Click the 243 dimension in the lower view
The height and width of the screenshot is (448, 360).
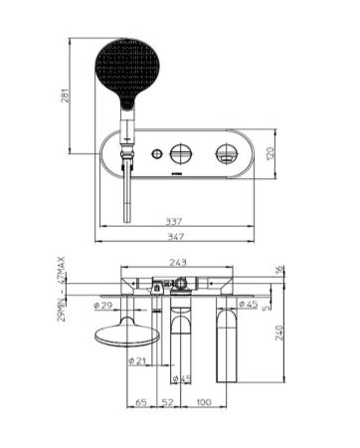tap(180, 264)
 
